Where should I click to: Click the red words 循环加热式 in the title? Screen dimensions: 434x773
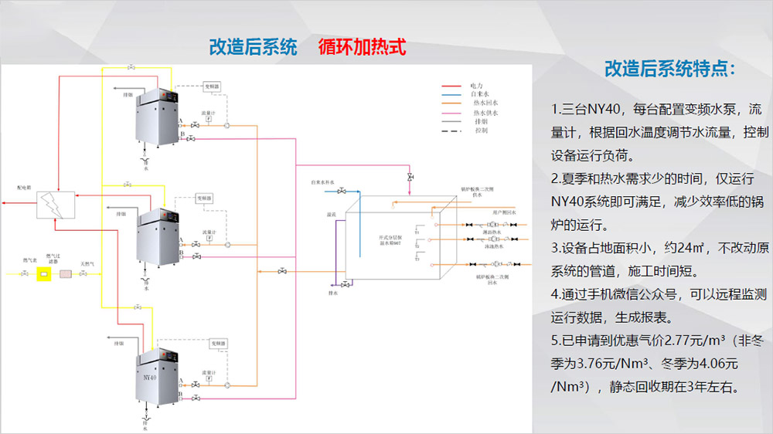point(362,46)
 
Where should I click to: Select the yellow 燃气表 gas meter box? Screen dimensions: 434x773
point(43,273)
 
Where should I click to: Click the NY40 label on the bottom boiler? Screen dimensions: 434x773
point(149,378)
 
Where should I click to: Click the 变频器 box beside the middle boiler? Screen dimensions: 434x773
point(204,198)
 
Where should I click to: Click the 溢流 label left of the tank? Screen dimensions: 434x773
point(331,214)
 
